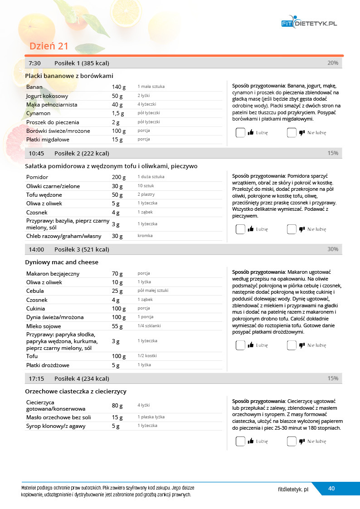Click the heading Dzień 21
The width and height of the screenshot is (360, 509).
coord(49,46)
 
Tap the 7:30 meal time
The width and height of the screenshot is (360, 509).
coord(35,63)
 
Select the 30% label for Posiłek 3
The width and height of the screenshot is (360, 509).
coord(333,249)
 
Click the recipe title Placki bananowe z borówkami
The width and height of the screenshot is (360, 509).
coord(69,76)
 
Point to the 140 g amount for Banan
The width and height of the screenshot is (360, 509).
coord(118,87)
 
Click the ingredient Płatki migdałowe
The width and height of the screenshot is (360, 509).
coord(48,140)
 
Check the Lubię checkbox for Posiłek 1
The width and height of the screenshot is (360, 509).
coord(240,133)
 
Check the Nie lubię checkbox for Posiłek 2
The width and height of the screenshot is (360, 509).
coord(292,229)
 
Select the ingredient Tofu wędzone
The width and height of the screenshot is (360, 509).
coord(44,195)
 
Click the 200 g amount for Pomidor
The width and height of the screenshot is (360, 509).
coord(118,177)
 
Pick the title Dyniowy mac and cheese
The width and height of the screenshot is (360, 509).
coord(62,262)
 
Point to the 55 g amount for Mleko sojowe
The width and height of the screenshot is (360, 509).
coord(117,326)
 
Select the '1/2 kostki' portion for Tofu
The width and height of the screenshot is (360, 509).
coord(147,356)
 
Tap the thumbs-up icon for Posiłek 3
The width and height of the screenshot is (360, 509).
coord(251,345)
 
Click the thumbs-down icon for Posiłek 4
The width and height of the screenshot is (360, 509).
coord(302,441)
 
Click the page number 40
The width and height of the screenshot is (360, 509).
coord(331,489)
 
